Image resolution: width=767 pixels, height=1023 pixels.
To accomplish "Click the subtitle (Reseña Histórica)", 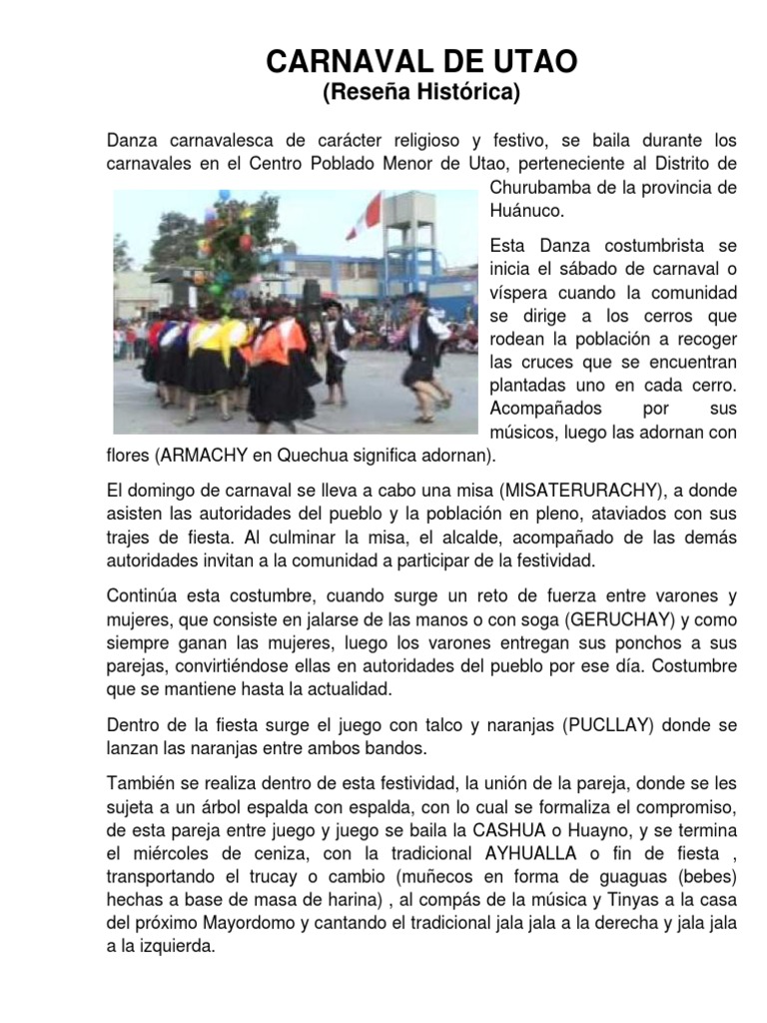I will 420,94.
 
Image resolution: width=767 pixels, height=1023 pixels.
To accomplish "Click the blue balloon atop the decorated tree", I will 224,195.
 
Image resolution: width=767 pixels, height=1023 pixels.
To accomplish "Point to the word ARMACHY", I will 196,457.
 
